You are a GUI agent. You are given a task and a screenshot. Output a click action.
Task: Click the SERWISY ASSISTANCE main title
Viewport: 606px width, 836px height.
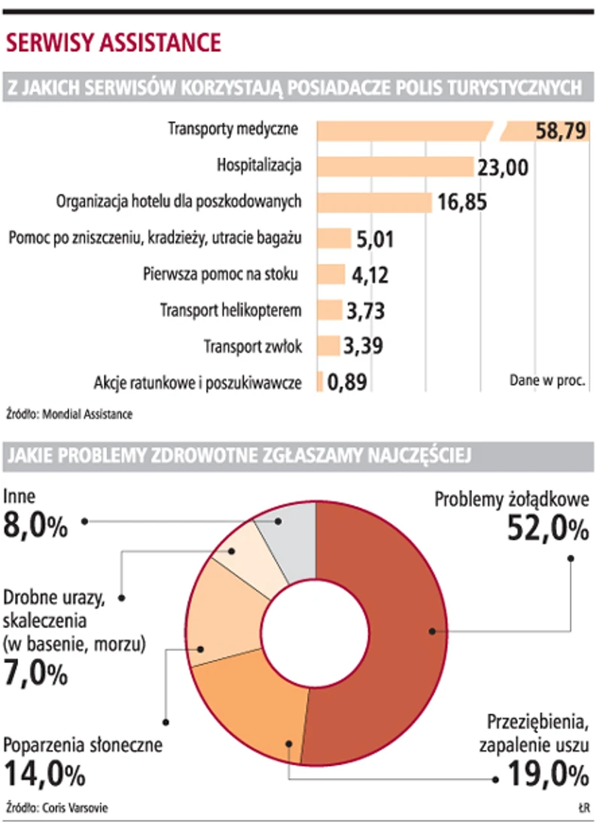click(114, 42)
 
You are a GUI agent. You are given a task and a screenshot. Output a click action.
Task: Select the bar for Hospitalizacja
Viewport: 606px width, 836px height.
click(394, 166)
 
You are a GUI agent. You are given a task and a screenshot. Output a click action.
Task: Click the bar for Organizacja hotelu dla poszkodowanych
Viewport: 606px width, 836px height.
click(374, 202)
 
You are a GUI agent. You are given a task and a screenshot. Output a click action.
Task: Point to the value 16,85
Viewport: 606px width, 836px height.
click(462, 203)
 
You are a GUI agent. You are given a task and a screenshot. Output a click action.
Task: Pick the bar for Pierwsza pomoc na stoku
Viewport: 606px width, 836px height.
click(330, 274)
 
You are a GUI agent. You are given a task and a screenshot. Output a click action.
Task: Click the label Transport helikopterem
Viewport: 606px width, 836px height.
click(231, 310)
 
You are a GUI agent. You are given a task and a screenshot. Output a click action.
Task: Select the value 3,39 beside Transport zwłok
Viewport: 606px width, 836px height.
click(363, 346)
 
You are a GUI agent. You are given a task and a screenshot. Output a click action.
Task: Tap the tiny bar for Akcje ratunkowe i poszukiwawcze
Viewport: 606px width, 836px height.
click(320, 382)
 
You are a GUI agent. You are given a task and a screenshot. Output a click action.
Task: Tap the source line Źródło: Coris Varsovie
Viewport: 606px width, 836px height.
click(56, 808)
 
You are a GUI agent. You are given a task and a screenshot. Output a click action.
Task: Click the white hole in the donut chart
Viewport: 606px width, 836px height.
click(316, 633)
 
